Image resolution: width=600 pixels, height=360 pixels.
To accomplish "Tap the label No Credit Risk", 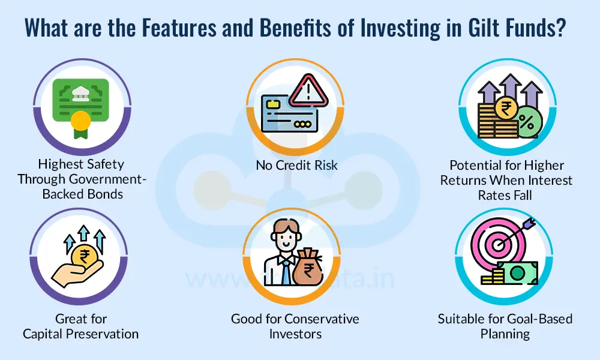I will click(x=296, y=165).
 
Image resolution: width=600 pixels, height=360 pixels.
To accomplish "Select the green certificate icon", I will click(x=80, y=101).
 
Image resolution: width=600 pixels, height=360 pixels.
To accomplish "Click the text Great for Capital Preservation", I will click(x=80, y=326).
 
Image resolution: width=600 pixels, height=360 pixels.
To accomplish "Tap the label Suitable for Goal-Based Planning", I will click(x=505, y=326).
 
